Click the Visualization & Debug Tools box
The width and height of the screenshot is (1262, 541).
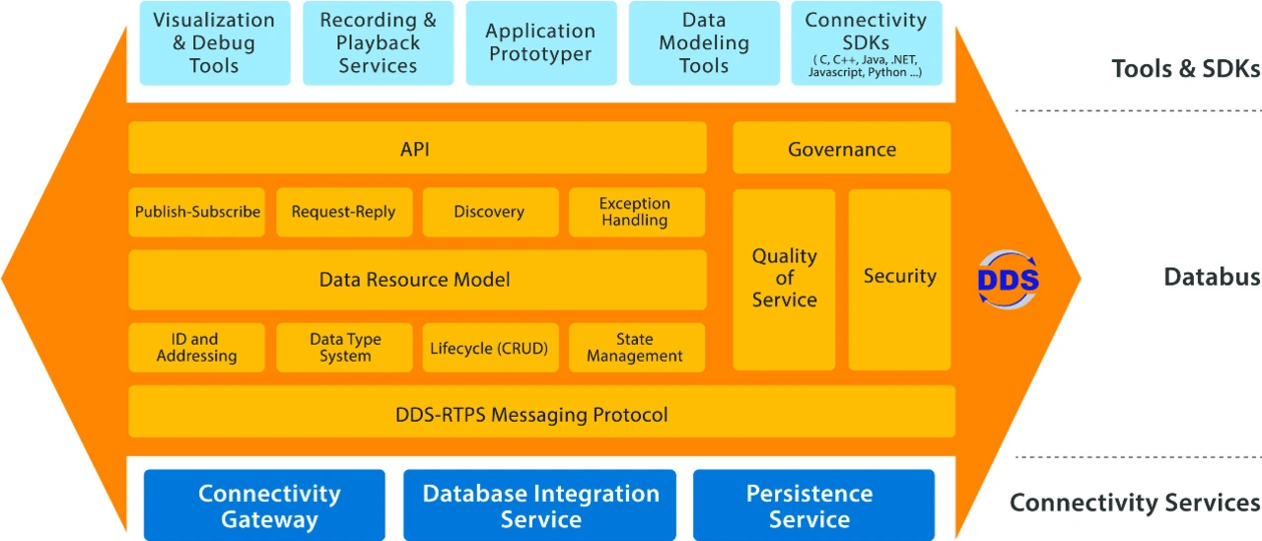tap(215, 43)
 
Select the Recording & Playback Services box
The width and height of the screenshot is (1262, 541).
tap(378, 43)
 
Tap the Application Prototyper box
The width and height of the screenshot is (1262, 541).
tap(540, 43)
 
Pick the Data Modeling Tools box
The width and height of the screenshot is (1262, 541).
tap(703, 43)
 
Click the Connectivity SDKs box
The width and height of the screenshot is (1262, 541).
tap(866, 43)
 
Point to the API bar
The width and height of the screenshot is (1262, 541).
tap(417, 149)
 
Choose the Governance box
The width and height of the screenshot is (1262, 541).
tap(841, 149)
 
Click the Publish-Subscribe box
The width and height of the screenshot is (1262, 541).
tap(197, 212)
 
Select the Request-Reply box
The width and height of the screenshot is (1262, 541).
tap(343, 212)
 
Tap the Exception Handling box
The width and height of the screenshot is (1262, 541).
tap(636, 212)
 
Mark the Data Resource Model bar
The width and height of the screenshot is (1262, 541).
tap(417, 280)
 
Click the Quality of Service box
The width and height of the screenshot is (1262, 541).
tap(784, 279)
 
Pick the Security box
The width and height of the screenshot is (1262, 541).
tap(899, 279)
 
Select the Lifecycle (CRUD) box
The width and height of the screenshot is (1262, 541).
tap(490, 348)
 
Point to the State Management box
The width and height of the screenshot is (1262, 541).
tap(636, 348)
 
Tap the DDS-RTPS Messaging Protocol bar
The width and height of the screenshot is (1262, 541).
tap(541, 413)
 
